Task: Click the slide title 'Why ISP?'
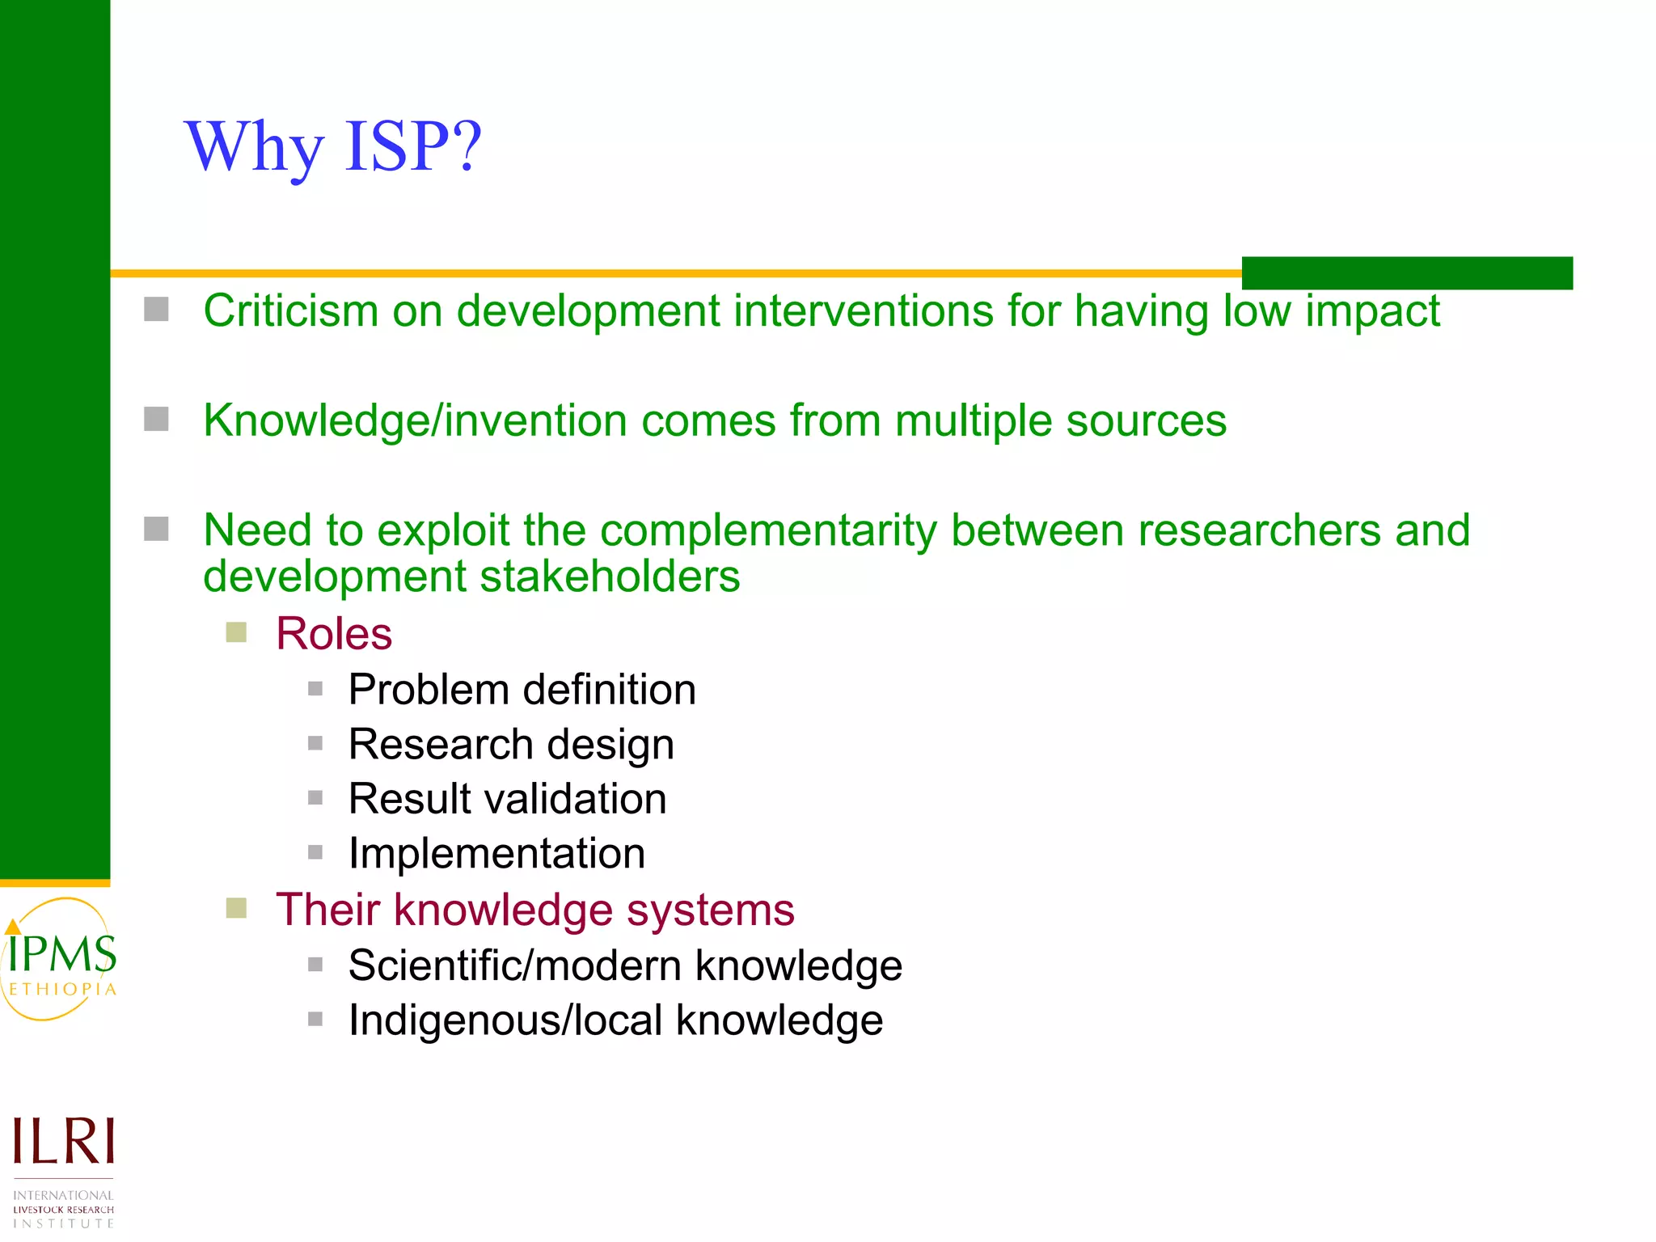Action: [333, 147]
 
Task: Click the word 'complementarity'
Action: [767, 531]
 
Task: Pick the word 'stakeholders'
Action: [610, 577]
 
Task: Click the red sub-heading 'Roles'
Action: [334, 633]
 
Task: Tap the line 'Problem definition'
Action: [522, 690]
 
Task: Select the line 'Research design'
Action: [511, 745]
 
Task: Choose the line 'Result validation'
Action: [507, 799]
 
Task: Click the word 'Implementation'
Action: [496, 854]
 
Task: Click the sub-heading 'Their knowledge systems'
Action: [534, 910]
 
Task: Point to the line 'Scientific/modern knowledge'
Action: [625, 965]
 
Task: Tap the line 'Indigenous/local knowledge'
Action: [615, 1020]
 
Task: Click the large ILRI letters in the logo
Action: [63, 1142]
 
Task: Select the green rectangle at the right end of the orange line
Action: [1407, 273]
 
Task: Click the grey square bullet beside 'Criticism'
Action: [156, 309]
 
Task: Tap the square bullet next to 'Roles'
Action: [236, 632]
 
